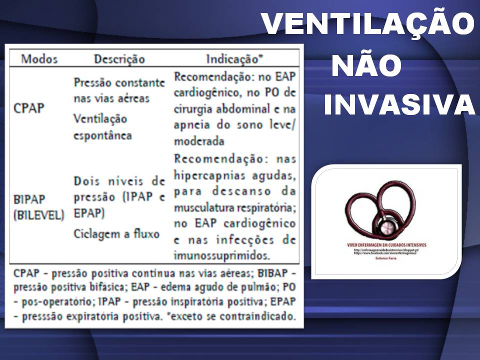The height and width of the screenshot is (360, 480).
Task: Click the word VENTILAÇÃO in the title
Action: (367, 23)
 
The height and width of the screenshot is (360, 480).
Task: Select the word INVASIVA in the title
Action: (399, 105)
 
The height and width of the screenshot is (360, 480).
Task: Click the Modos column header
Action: (39, 59)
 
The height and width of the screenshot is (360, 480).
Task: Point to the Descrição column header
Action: (119, 59)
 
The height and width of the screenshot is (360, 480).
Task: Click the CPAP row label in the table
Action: (29, 108)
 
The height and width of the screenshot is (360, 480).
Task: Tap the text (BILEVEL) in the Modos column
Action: (39, 215)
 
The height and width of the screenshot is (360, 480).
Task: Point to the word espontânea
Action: (102, 135)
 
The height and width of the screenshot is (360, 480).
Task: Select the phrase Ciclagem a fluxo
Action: (116, 233)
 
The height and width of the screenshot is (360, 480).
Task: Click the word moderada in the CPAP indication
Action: (199, 141)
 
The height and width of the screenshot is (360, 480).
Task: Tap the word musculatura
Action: (204, 207)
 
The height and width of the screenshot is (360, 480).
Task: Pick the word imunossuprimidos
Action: (221, 256)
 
